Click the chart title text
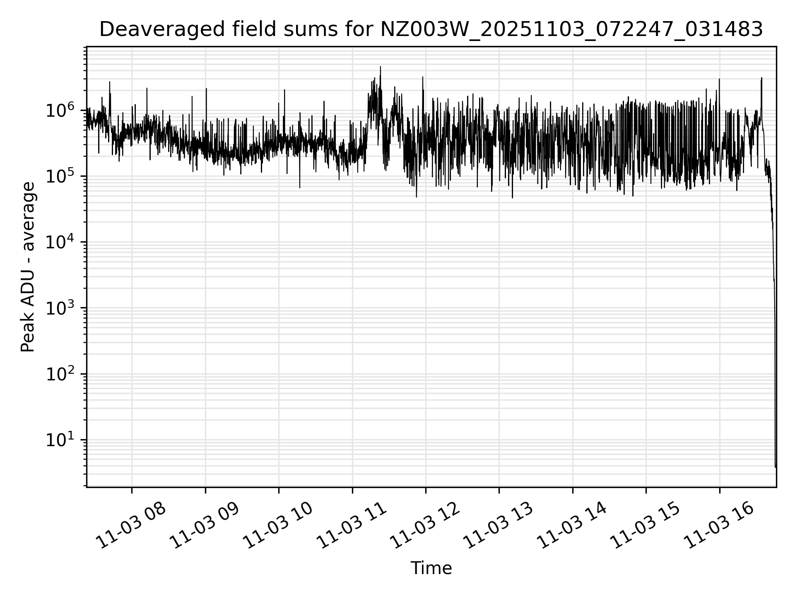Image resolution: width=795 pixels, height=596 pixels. click(x=431, y=30)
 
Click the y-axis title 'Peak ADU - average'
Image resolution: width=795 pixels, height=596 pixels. click(x=28, y=267)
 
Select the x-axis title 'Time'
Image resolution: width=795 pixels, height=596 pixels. click(x=431, y=568)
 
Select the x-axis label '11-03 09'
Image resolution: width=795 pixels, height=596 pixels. click(x=205, y=525)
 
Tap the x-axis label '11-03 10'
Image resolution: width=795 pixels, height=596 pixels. click(x=278, y=525)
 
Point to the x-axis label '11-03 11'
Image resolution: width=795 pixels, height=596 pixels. click(x=352, y=525)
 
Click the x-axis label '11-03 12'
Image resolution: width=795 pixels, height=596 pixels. click(x=425, y=525)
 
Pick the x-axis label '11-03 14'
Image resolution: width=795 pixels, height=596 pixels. click(x=572, y=525)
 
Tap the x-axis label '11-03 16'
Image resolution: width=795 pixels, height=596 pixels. click(x=719, y=525)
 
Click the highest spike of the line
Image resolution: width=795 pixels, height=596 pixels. click(x=381, y=67)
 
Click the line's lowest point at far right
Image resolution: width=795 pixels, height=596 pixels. click(x=775, y=467)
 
